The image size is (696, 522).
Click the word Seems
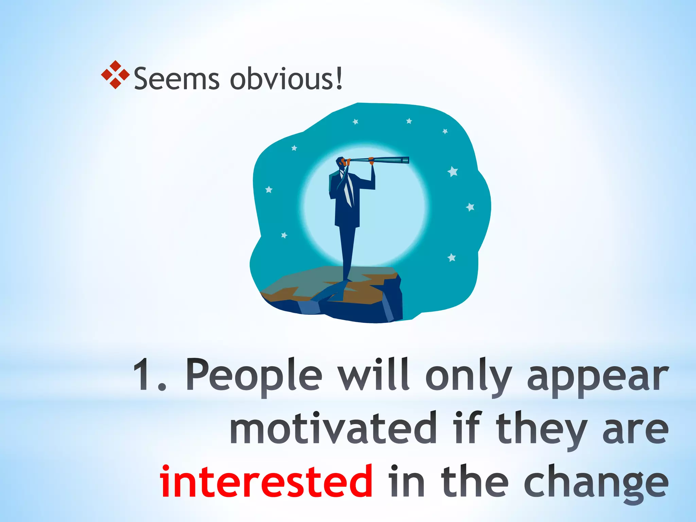tap(176, 79)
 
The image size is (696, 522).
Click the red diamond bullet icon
tap(115, 75)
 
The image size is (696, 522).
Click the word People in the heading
tap(254, 376)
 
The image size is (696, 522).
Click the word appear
tap(597, 377)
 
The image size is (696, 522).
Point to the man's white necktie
tap(348, 192)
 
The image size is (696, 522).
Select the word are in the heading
tap(635, 429)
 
